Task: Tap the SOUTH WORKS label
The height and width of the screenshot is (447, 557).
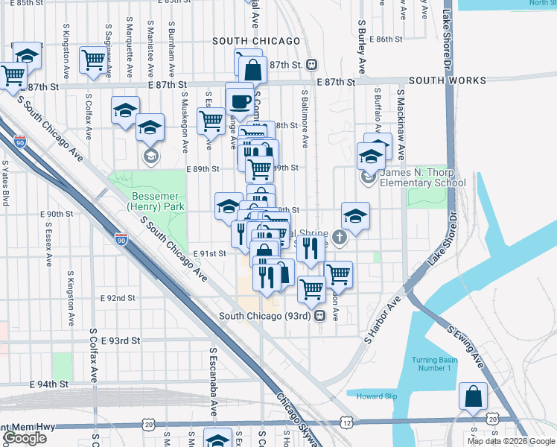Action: (447, 80)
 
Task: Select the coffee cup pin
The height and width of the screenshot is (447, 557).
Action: (240, 100)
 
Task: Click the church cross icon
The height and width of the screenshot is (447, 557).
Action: (340, 239)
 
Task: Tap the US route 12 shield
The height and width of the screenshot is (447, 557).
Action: (348, 422)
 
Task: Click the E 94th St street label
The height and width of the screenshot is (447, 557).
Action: (48, 384)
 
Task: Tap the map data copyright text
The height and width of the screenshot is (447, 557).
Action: (510, 441)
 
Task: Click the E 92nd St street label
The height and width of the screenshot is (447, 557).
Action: (118, 298)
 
